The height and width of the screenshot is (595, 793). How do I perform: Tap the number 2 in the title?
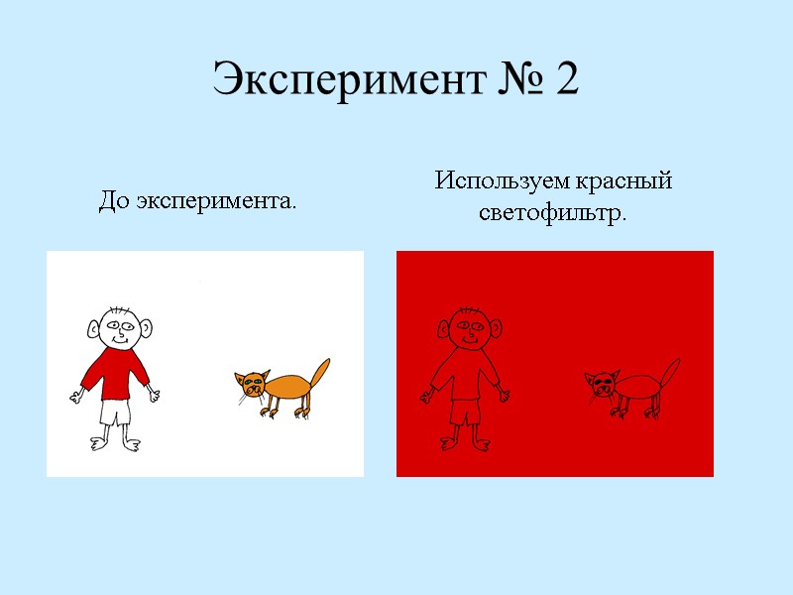click(567, 80)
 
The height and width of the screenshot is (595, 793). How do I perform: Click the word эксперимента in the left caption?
click(216, 203)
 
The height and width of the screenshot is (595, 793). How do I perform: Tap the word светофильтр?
click(553, 213)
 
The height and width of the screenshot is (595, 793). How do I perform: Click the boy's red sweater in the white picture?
click(115, 373)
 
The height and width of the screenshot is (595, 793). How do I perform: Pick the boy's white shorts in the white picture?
click(115, 411)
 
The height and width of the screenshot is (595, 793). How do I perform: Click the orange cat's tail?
click(319, 375)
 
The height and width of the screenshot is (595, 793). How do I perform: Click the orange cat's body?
click(289, 386)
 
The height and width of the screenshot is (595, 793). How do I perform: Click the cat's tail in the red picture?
click(669, 375)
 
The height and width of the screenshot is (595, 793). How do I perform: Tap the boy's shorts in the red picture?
click(465, 411)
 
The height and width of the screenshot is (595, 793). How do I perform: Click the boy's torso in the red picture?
click(465, 373)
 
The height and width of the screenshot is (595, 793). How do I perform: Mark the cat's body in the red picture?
click(639, 386)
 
